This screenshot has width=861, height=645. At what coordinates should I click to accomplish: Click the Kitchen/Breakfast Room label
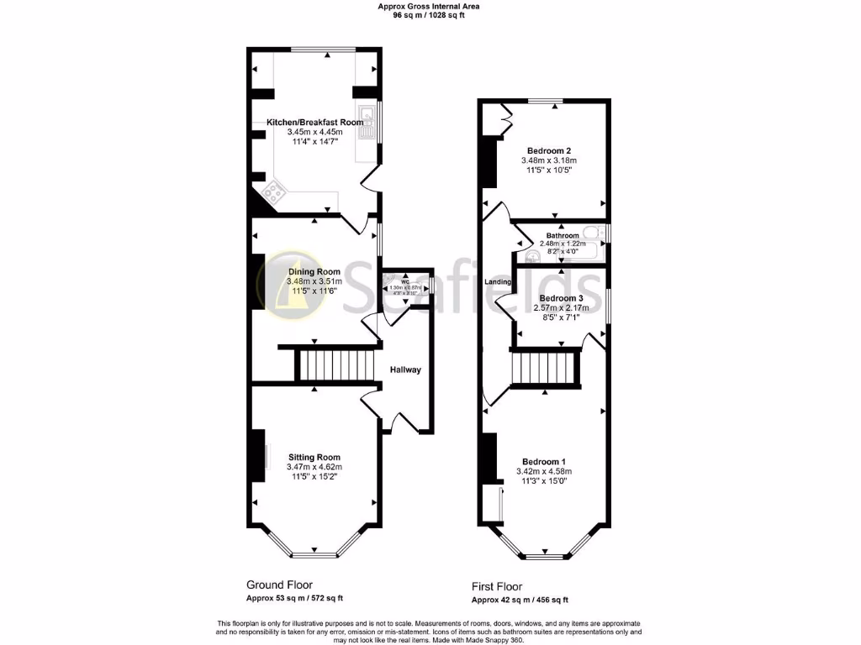click(x=315, y=123)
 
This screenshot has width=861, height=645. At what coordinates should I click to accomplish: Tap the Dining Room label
click(x=314, y=271)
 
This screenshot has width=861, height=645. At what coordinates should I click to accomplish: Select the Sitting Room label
click(x=314, y=457)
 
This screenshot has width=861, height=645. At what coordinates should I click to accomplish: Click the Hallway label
click(x=405, y=370)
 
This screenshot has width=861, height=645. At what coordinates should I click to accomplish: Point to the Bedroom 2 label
click(x=549, y=150)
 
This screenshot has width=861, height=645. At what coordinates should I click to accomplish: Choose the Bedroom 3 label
click(x=561, y=298)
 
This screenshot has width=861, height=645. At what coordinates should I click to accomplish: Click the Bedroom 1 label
click(x=543, y=462)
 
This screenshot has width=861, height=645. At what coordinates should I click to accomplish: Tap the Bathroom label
click(x=563, y=235)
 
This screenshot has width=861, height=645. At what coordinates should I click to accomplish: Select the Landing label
click(x=499, y=282)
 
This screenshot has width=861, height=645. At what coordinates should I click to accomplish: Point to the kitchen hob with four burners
click(x=273, y=192)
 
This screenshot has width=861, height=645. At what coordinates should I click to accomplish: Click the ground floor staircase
click(x=335, y=366)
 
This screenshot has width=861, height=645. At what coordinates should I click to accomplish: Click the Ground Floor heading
click(x=279, y=585)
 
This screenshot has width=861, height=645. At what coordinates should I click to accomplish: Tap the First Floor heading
click(x=496, y=587)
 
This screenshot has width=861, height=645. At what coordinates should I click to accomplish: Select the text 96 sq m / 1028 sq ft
click(x=430, y=15)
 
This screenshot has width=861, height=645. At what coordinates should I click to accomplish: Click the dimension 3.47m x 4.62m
click(x=314, y=467)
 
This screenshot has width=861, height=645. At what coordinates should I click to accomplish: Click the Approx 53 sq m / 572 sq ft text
click(x=294, y=598)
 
